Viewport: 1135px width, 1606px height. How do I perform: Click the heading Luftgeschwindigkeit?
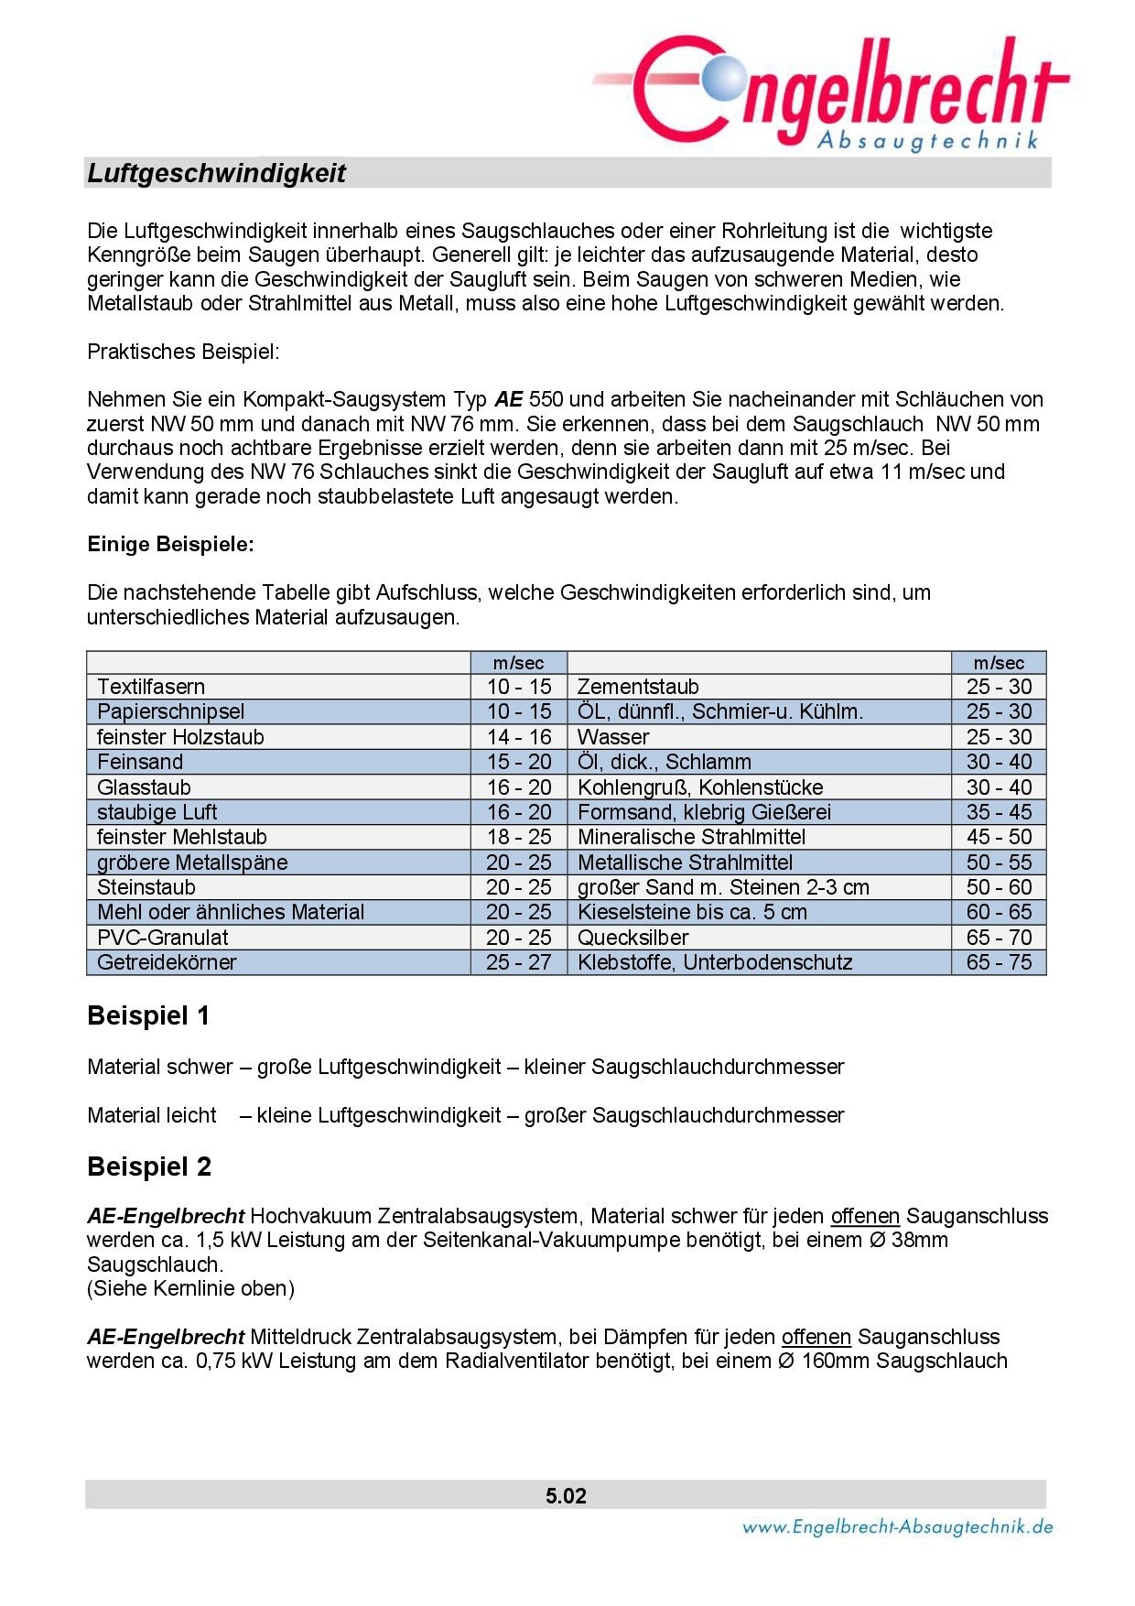click(x=216, y=173)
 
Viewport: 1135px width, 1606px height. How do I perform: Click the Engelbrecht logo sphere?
click(x=724, y=78)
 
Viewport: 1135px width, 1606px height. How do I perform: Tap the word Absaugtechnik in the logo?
click(x=927, y=140)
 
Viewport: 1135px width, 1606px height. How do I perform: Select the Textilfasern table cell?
click(x=151, y=687)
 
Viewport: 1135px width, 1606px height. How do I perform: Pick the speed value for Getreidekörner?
click(x=518, y=962)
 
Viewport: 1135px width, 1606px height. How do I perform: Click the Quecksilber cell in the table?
click(x=632, y=938)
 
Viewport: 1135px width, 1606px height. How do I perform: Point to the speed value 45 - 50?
click(x=999, y=837)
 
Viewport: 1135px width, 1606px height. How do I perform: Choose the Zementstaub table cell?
click(x=638, y=687)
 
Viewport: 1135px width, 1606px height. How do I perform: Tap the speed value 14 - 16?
click(x=518, y=737)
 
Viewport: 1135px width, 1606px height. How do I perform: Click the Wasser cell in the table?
click(x=613, y=737)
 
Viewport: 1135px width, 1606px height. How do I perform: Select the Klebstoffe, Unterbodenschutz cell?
click(x=715, y=962)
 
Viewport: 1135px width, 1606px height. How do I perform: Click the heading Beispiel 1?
click(x=148, y=1015)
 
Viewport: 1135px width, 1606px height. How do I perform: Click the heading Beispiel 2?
click(x=149, y=1167)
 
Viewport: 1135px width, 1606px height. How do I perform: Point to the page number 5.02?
click(x=566, y=1496)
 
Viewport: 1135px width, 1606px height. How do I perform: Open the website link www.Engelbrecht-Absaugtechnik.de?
click(x=897, y=1526)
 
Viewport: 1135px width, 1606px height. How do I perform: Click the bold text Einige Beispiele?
click(x=170, y=544)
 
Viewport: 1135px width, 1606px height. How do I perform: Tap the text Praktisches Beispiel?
click(x=183, y=352)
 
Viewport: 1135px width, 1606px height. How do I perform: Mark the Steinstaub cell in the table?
click(x=146, y=887)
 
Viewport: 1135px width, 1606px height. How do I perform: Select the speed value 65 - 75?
click(x=999, y=962)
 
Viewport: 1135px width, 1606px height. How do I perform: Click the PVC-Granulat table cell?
click(x=163, y=938)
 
